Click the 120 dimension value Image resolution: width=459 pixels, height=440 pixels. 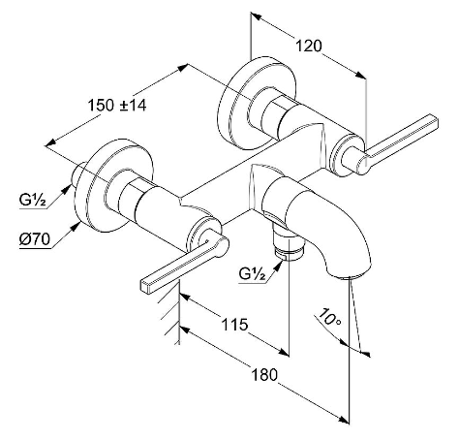309,46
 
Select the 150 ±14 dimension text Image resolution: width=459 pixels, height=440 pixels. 117,105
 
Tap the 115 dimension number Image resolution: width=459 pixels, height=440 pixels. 234,324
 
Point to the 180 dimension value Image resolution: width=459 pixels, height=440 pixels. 264,375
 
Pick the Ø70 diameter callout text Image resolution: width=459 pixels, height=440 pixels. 35,239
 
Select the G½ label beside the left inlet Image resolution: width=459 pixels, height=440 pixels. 32,201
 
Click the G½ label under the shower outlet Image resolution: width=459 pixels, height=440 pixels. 252,274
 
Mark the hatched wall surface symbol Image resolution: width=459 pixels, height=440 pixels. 172,315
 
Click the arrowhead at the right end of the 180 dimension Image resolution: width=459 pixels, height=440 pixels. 344,420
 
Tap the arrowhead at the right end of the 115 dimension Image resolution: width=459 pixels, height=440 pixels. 284,352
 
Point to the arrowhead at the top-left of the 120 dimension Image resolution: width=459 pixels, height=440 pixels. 257,16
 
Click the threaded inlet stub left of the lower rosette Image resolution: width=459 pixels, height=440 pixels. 77,174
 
